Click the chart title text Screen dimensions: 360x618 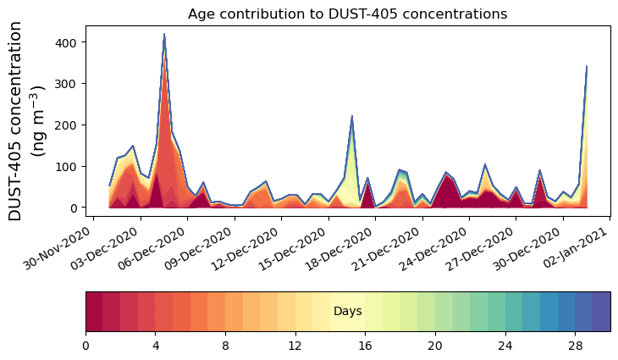point(347,14)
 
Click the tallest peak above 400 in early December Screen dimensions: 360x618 point(164,35)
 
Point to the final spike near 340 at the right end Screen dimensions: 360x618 point(587,67)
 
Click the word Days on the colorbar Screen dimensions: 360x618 point(347,312)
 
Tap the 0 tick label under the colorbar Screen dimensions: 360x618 point(86,346)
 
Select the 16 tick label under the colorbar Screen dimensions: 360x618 point(365,346)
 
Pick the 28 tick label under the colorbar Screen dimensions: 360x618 point(575,346)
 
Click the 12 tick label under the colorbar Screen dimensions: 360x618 point(295,346)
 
